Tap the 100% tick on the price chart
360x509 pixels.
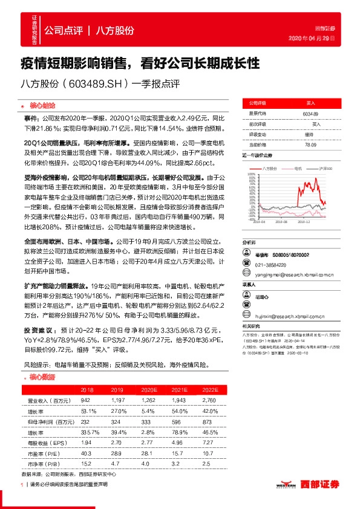pos(251,174)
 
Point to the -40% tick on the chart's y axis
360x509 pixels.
pos(251,220)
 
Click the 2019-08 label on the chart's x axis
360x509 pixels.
pos(281,223)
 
